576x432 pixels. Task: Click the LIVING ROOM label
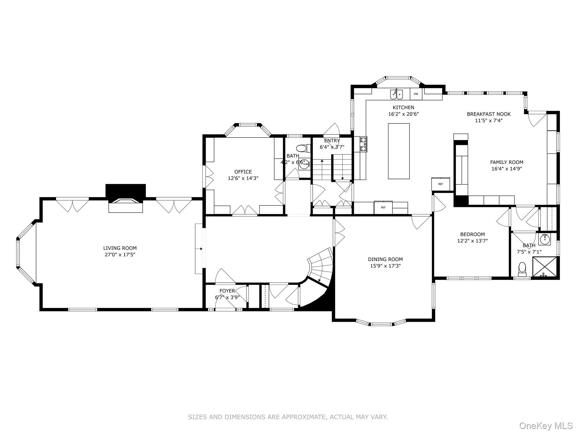[x=120, y=248]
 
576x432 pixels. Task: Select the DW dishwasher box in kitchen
[x=416, y=94]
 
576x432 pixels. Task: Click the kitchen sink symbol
[x=397, y=94]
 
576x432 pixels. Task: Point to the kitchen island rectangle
[x=399, y=151]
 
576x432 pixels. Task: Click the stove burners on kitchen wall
[x=363, y=144]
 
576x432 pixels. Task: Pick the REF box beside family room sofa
[x=441, y=184]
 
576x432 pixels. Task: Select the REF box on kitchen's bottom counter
[x=383, y=208]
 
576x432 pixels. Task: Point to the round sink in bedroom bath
[x=545, y=239]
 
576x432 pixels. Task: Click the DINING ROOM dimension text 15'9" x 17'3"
[x=385, y=266]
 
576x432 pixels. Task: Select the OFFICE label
[x=243, y=172]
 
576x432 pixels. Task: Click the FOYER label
[x=227, y=291]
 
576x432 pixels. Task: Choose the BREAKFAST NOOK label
[x=489, y=114]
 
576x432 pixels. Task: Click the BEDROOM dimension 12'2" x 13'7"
[x=472, y=241]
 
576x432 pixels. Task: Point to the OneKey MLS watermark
[x=546, y=426]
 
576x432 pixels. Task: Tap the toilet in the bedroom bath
[x=522, y=269]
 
